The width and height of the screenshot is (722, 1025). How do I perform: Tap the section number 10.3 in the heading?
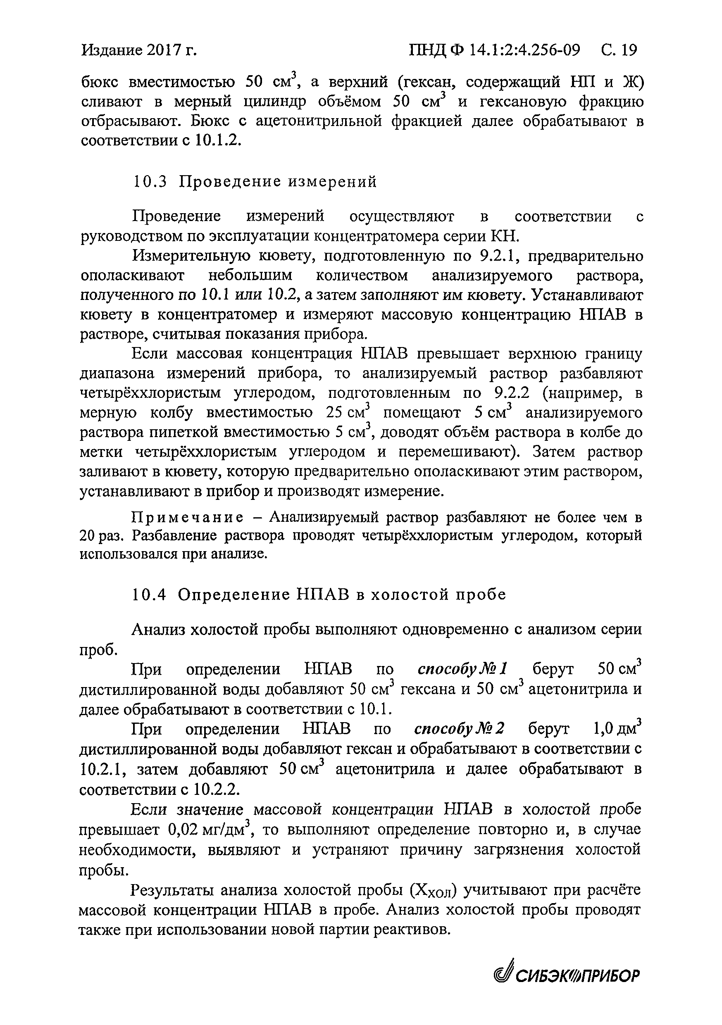pos(150,182)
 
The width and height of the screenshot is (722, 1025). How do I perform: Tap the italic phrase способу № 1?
pos(462,669)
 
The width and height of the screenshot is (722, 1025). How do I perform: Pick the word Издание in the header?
pos(112,50)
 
